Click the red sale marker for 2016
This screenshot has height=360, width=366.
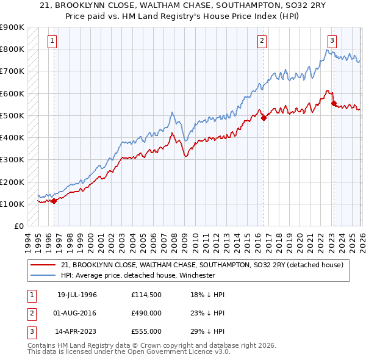click(264, 118)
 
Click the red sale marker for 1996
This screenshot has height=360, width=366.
click(54, 200)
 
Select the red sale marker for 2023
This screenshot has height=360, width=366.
click(334, 104)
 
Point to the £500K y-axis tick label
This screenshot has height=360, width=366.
click(12, 115)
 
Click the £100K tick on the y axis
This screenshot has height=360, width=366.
click(12, 204)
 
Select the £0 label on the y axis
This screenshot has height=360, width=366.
click(18, 226)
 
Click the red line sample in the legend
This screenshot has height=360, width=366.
click(43, 265)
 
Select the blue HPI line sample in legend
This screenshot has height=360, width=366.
click(43, 275)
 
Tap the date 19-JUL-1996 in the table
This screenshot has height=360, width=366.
click(77, 295)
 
